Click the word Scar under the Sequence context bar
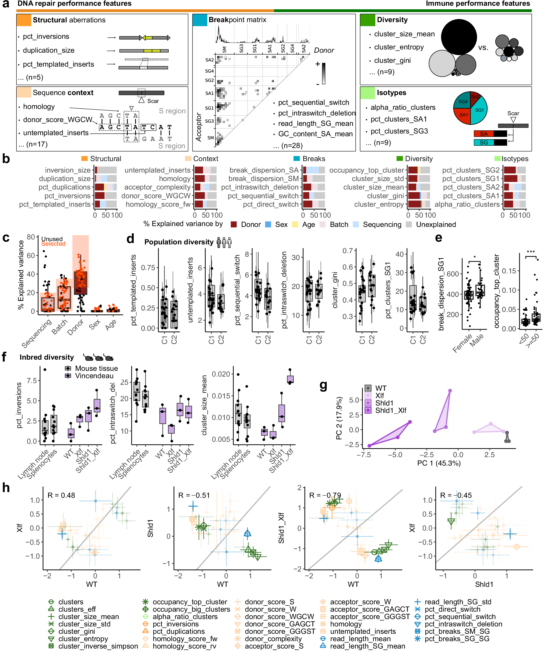(x=153, y=101)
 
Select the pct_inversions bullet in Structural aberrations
(x=46, y=37)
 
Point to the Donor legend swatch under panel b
(x=234, y=224)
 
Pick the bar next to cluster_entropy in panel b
(x=419, y=204)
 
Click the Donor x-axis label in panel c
(x=75, y=327)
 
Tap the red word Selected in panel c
(x=53, y=244)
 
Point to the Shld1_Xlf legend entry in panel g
(x=390, y=410)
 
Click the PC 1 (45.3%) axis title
(x=439, y=463)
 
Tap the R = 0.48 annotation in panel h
(x=61, y=495)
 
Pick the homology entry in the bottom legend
(x=346, y=624)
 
